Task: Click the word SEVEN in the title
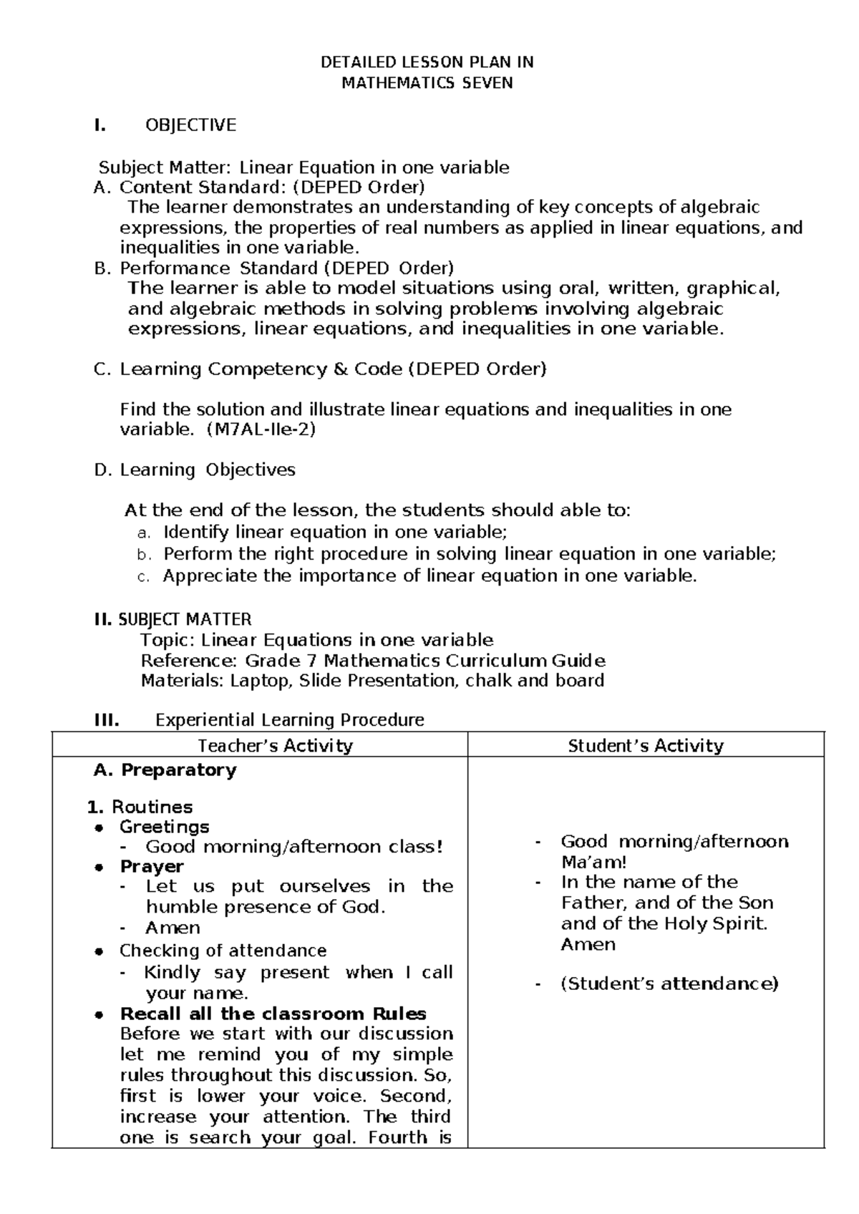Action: click(x=487, y=83)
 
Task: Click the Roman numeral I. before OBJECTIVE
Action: click(x=100, y=125)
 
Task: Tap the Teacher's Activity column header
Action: click(x=275, y=746)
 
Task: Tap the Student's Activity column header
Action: click(x=645, y=746)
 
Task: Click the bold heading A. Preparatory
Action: click(x=165, y=770)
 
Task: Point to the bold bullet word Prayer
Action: click(x=152, y=866)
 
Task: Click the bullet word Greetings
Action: click(x=164, y=827)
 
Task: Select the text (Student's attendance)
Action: click(x=669, y=984)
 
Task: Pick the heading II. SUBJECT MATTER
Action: click(x=173, y=619)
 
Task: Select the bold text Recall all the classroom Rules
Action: click(x=273, y=1014)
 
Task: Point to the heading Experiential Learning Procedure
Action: click(x=290, y=720)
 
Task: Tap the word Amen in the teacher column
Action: click(x=173, y=928)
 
